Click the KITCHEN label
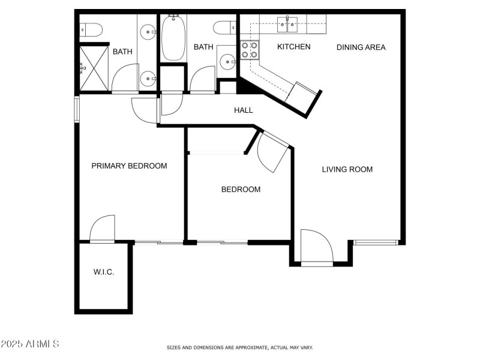293,47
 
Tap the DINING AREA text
361,47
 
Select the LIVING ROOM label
347,169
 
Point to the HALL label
243,110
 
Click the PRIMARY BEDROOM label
129,166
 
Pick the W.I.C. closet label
104,272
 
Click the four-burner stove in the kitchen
250,49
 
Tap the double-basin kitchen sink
287,25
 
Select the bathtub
173,37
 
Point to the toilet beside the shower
91,28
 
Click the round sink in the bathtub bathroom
227,61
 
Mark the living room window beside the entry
376,242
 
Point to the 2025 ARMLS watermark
30,344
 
